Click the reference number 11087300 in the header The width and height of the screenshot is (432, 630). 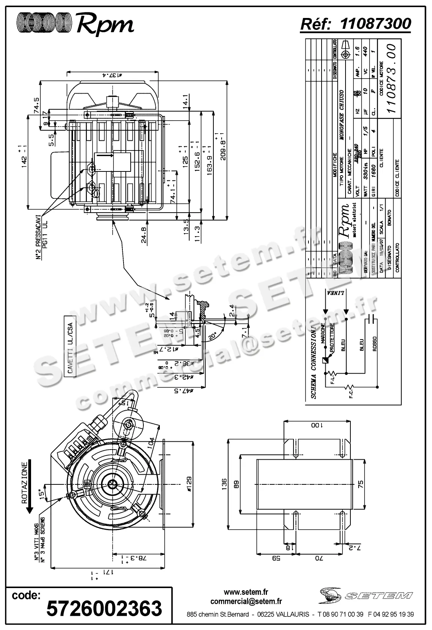(x=375, y=24)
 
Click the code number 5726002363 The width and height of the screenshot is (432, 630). (x=104, y=608)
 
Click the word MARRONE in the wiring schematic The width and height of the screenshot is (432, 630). (x=322, y=334)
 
